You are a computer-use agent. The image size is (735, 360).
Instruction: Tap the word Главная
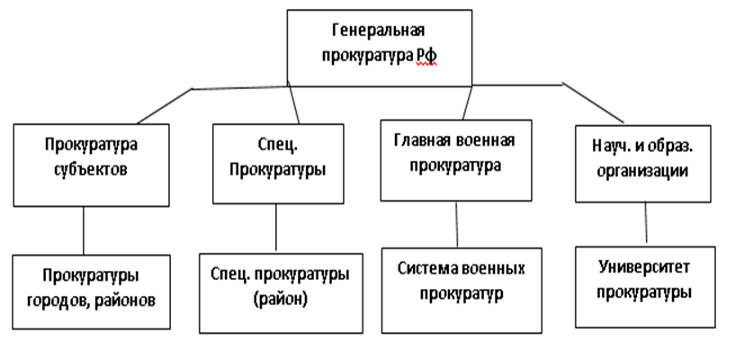pyautogui.click(x=420, y=139)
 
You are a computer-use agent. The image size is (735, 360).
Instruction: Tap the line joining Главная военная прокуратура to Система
pyautogui.click(x=458, y=223)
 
